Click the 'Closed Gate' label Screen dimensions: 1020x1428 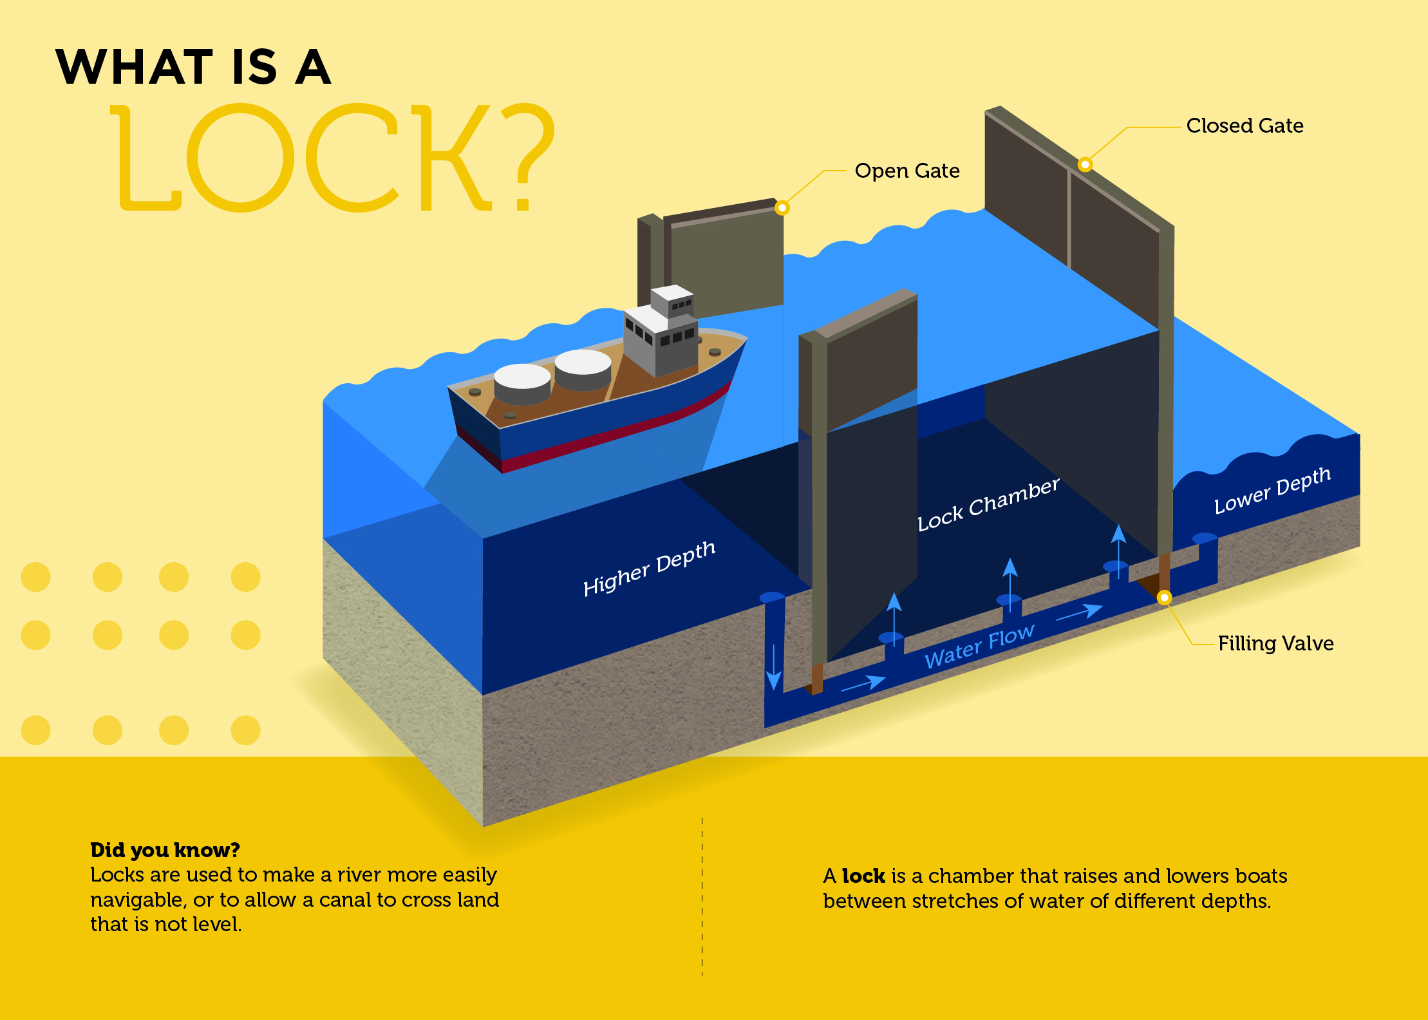point(1245,126)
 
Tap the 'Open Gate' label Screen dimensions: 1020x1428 point(907,171)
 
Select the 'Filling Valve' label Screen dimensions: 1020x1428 point(1275,643)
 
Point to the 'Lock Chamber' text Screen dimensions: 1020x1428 point(988,505)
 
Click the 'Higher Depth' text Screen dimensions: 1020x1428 point(649,568)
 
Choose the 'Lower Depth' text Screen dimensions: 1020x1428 point(1272,491)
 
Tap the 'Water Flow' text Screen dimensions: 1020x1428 point(979,647)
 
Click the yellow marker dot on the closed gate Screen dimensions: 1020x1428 point(1085,165)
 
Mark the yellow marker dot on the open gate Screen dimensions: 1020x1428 point(782,208)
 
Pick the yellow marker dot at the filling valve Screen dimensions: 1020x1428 point(1164,598)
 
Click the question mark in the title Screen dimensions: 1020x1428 point(526,158)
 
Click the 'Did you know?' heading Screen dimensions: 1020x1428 point(165,850)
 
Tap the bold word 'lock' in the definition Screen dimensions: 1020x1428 point(863,876)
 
